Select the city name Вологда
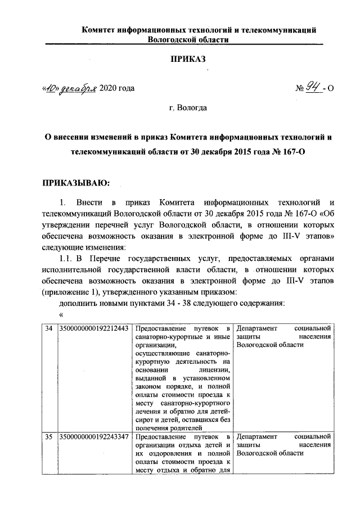[x=192, y=107]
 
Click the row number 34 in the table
[x=49, y=328]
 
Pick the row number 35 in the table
[x=49, y=436]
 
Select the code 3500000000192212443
[x=94, y=328]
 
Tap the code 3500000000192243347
[x=94, y=436]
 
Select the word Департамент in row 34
[x=257, y=328]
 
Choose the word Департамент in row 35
[x=257, y=436]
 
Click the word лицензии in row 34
[x=214, y=371]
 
